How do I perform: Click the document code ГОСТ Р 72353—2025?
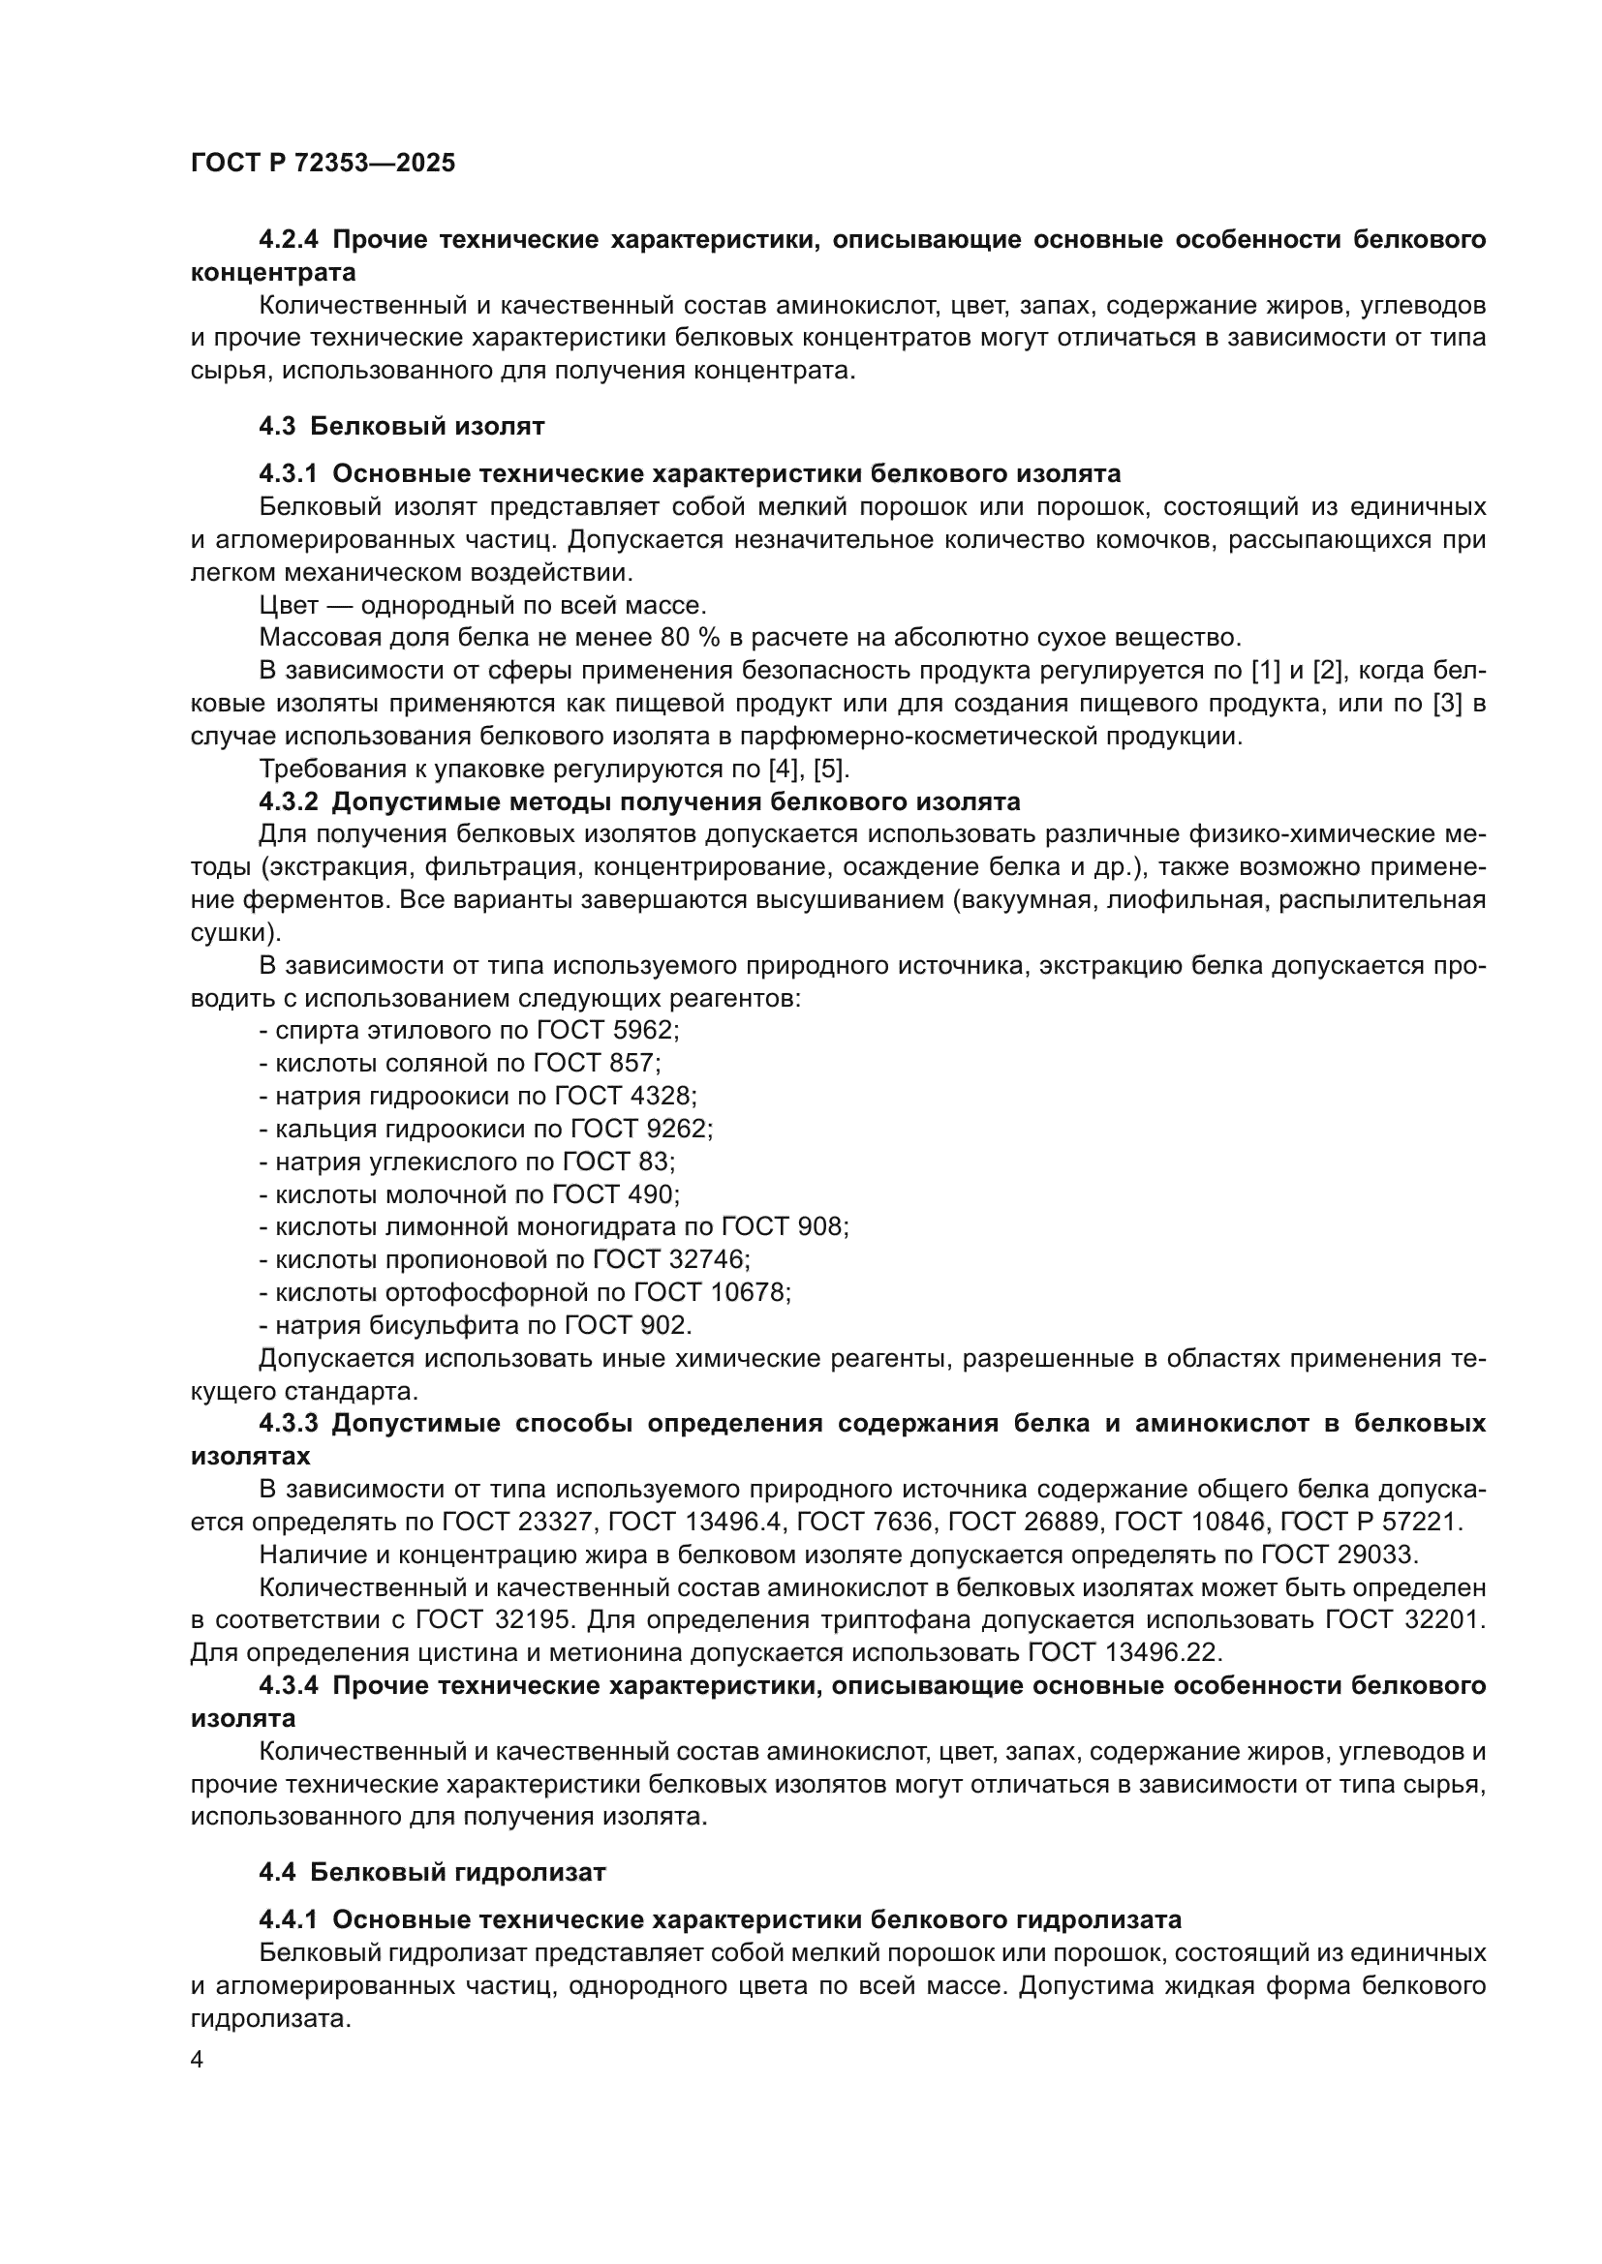coord(323,164)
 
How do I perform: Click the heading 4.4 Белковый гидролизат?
coord(432,1872)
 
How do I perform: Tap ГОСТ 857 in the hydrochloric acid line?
coord(595,1063)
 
